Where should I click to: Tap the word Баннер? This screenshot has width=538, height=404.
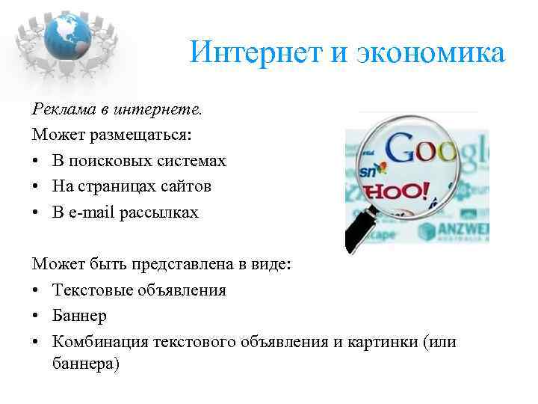tap(79, 315)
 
